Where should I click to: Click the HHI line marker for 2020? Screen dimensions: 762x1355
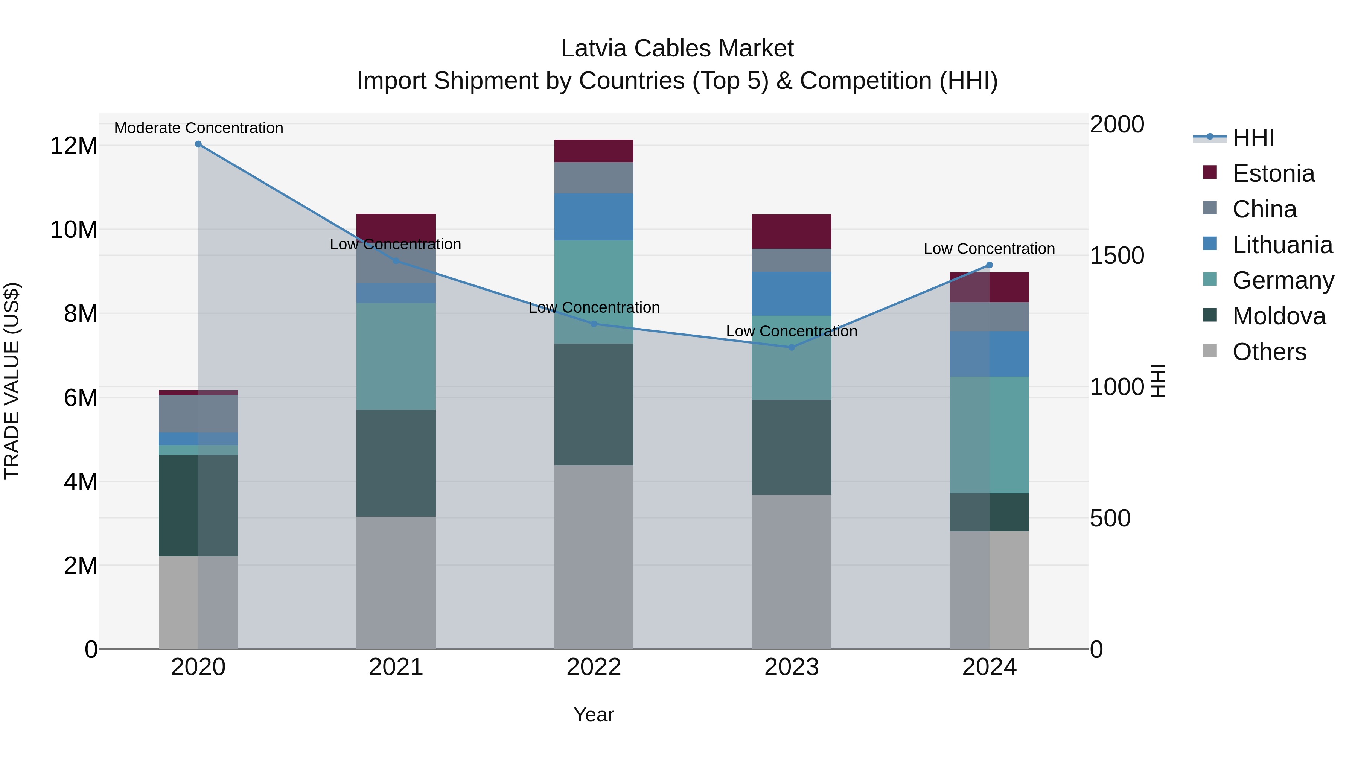198,144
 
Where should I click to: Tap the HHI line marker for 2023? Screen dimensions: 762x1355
792,347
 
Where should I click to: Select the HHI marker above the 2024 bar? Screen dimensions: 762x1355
990,265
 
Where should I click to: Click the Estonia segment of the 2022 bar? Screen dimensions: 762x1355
594,151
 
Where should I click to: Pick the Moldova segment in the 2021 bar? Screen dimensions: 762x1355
396,463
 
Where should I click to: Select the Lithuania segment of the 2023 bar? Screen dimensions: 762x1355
792,294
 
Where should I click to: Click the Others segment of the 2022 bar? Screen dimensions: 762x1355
594,557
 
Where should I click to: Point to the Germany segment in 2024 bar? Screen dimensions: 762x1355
990,435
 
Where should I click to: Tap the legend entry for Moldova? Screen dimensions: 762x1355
1279,316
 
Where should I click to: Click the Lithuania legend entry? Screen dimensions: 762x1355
1282,245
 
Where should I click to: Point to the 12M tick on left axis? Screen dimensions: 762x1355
74,146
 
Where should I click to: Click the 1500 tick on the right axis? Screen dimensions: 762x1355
1117,256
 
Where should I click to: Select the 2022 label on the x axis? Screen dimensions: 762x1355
594,667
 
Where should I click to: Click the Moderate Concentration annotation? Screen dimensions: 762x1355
199,128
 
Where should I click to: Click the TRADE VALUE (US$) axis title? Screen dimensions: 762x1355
12,381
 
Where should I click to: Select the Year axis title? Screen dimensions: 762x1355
594,715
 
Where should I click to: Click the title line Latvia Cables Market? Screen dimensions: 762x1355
677,49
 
